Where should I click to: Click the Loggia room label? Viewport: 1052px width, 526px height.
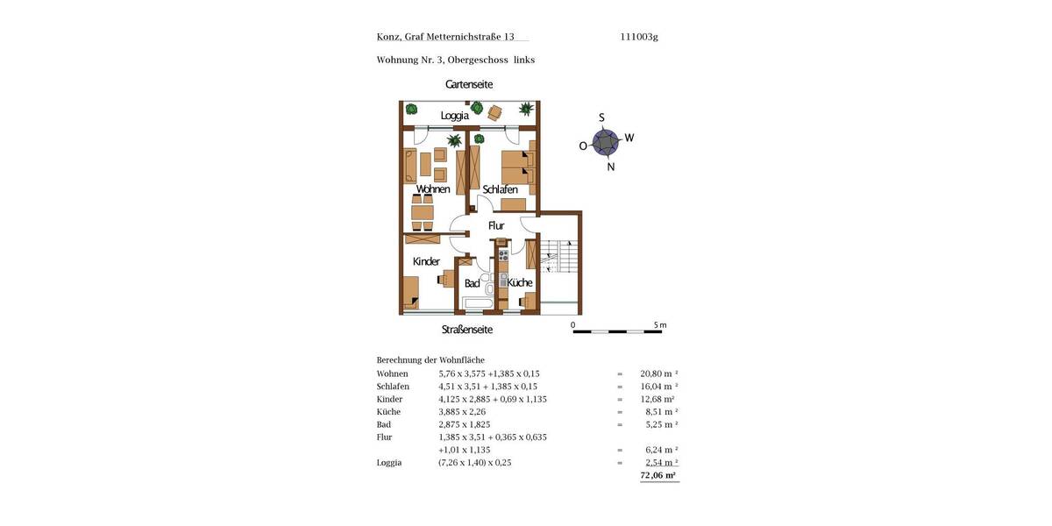coord(454,115)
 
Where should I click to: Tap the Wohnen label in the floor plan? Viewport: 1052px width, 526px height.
coord(433,189)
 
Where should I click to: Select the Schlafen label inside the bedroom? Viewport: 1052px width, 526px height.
coord(500,189)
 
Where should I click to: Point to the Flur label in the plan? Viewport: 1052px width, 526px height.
coord(496,225)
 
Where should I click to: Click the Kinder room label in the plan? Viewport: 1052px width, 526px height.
coord(426,261)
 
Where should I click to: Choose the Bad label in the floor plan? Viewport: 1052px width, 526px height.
coord(472,283)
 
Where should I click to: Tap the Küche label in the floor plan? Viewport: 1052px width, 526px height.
coord(520,282)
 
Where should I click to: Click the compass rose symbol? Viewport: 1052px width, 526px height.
coord(606,141)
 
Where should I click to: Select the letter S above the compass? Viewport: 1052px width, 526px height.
coord(601,117)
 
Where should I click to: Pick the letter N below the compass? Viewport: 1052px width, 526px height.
coord(611,167)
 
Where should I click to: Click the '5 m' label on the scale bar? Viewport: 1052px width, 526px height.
coord(659,325)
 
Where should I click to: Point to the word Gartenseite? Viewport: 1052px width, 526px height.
coord(469,84)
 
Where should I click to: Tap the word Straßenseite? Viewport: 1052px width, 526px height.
coord(466,330)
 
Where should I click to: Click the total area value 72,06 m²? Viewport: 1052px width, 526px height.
coord(658,475)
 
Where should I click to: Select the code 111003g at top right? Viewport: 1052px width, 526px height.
coord(638,37)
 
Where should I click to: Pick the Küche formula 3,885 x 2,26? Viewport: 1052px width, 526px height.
coord(465,411)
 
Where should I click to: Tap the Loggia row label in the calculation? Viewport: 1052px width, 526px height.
coord(389,462)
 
